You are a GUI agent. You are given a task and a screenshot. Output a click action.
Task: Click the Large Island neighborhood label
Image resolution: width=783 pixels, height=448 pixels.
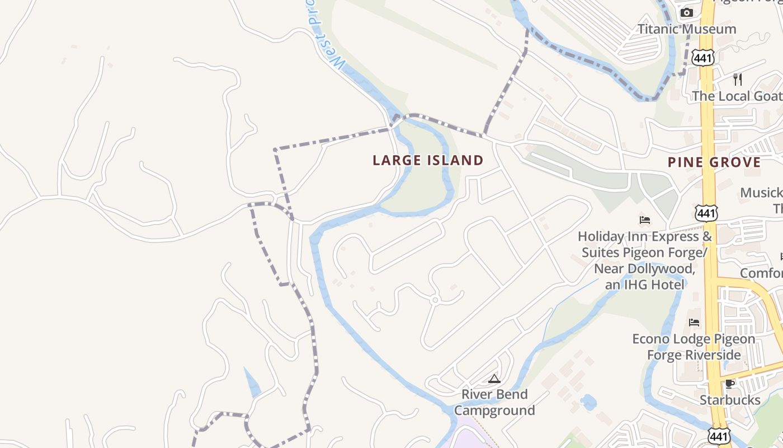(x=428, y=161)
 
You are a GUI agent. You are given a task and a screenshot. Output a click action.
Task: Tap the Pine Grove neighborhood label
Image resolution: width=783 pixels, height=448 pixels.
(x=714, y=163)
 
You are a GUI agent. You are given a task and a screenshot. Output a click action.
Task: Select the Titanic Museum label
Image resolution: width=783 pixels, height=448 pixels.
(x=687, y=29)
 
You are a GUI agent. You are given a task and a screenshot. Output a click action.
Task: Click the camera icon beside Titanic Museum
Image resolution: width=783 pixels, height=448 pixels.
(x=686, y=13)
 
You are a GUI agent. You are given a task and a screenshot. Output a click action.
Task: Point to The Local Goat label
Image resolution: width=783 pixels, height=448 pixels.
(x=736, y=96)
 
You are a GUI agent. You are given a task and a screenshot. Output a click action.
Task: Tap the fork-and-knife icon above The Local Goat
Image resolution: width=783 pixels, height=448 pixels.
(x=737, y=79)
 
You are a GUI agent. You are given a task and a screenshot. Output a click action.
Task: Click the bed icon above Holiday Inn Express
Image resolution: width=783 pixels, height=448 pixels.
(x=645, y=220)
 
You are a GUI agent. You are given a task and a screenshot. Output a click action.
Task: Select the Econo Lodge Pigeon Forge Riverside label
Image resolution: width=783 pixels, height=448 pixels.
(x=694, y=347)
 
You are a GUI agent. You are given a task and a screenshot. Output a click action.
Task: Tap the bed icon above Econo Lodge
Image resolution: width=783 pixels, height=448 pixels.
(x=694, y=322)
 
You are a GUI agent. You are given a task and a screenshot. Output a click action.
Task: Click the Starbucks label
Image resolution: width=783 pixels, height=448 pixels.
(x=730, y=400)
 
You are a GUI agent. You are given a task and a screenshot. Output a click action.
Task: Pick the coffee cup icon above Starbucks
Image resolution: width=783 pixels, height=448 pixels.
(x=729, y=384)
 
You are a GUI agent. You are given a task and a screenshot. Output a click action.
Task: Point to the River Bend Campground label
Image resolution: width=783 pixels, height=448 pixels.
(x=494, y=402)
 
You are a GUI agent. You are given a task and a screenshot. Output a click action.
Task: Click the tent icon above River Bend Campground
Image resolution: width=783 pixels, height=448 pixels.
(x=494, y=379)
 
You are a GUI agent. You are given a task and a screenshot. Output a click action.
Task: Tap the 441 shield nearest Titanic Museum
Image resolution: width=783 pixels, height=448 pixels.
(x=702, y=57)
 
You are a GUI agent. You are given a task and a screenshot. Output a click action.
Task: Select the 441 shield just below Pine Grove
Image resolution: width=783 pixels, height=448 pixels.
(x=706, y=213)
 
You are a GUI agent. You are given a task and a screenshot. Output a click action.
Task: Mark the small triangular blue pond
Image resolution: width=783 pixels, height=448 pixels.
(x=252, y=382)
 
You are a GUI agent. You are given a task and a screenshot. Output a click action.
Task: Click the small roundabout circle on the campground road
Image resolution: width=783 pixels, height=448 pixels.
(x=435, y=300)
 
